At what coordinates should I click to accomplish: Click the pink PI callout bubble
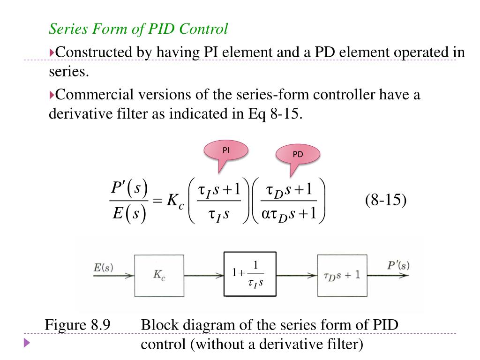point(225,151)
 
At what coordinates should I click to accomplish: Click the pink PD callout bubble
point(298,155)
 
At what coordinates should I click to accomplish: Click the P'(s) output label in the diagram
point(398,266)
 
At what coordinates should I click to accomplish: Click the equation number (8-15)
point(386,201)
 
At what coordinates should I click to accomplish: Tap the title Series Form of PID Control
point(139,29)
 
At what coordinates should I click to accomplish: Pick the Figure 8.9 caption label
point(77,325)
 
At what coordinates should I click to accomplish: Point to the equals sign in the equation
point(157,202)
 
